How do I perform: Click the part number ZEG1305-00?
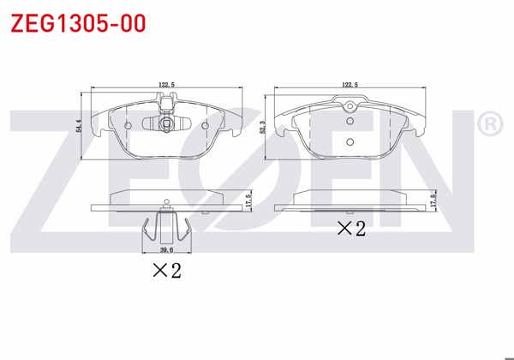76,22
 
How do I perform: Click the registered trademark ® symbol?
490,126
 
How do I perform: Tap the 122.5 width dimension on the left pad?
167,85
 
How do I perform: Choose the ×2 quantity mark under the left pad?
167,272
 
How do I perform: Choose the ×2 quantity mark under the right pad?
350,229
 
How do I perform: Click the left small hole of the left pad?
128,125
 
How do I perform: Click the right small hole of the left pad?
206,125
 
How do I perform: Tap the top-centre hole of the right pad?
349,106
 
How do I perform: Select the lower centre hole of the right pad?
349,142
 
